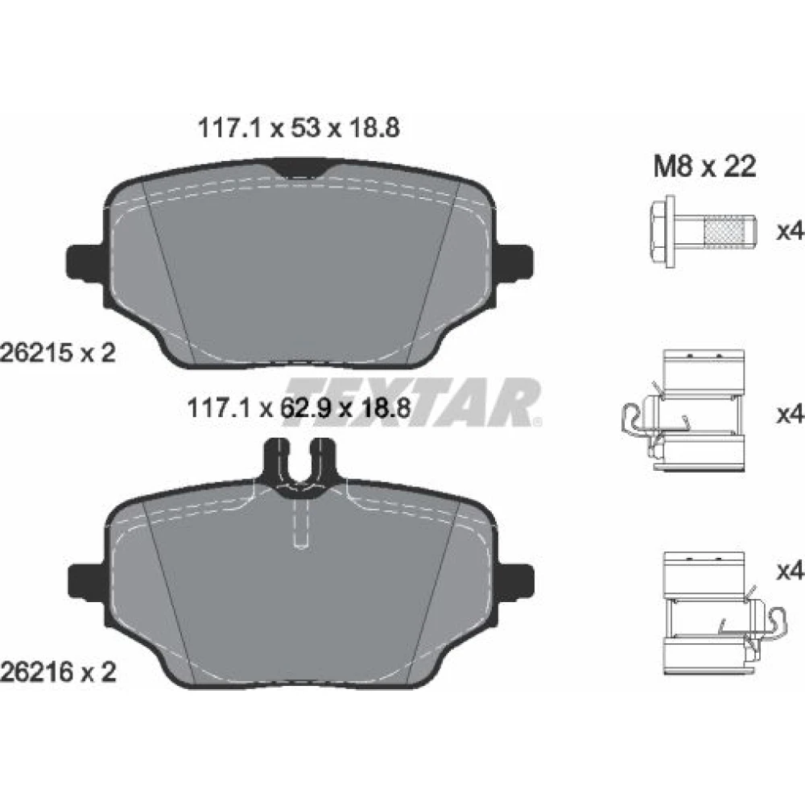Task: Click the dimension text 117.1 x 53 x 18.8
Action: coord(299,128)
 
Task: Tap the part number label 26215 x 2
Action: coord(58,353)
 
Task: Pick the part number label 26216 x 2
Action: coord(58,671)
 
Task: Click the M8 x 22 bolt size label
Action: coord(704,167)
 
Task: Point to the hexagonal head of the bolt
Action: coord(663,231)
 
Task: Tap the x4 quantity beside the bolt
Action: coord(790,232)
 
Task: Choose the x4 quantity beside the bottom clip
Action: coord(790,571)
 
